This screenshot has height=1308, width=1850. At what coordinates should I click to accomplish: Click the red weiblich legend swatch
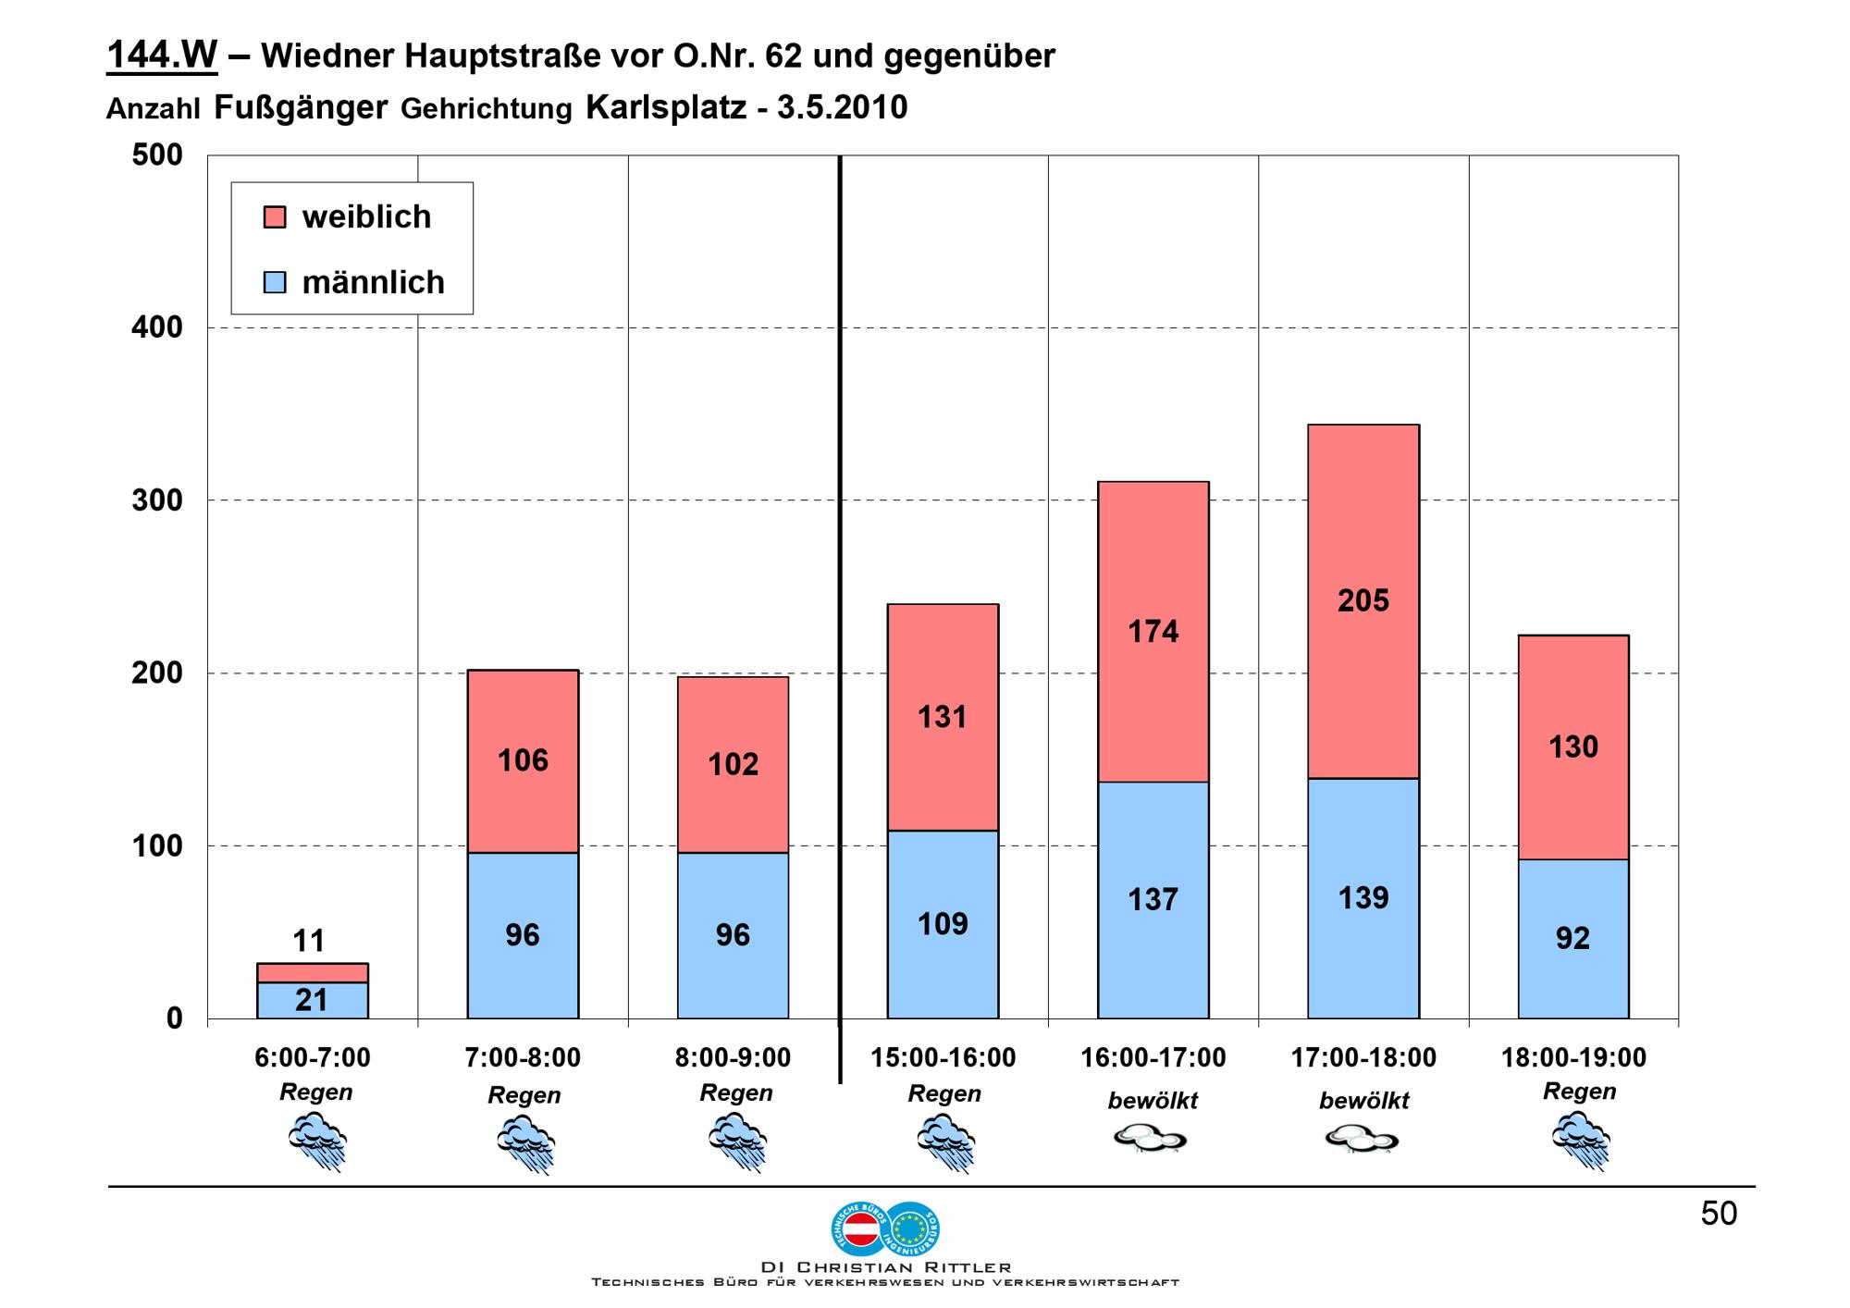click(x=275, y=217)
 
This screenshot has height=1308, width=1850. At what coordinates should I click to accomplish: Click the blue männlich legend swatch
click(x=275, y=282)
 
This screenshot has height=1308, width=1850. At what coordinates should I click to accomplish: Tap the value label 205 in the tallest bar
click(x=1363, y=601)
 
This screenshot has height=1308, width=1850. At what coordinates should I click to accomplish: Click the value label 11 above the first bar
click(x=309, y=941)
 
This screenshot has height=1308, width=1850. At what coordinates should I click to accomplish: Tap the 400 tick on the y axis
click(x=156, y=327)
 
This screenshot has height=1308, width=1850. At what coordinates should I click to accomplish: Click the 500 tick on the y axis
click(x=156, y=155)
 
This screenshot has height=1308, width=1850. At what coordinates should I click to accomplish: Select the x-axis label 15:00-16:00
click(x=943, y=1057)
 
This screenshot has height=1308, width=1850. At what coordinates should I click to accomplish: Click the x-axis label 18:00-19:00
click(x=1573, y=1057)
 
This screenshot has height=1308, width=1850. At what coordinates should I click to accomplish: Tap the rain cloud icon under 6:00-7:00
click(x=317, y=1141)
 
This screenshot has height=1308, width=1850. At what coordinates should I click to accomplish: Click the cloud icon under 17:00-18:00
click(x=1362, y=1138)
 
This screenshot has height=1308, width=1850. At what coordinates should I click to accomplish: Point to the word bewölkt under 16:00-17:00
click(x=1153, y=1101)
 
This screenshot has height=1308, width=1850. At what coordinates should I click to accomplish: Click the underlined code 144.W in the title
click(x=162, y=56)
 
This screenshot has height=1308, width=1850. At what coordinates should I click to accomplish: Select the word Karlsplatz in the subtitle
click(x=666, y=108)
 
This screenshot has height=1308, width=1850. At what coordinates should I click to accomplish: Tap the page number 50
click(x=1719, y=1214)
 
